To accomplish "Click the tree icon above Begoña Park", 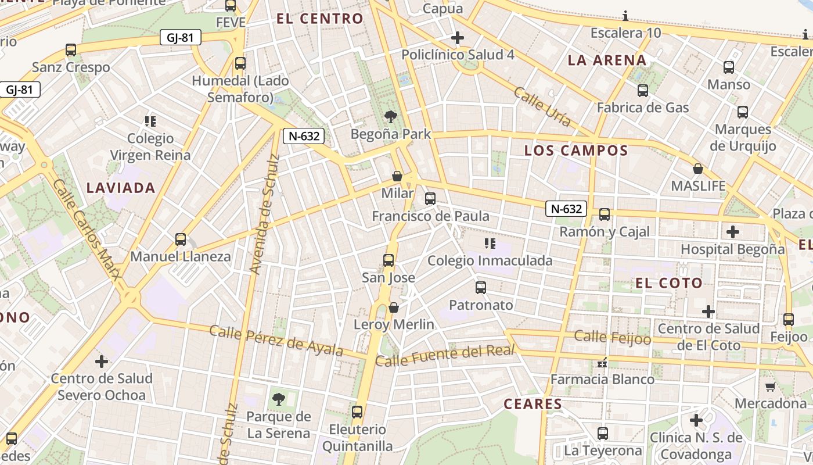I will (x=391, y=117).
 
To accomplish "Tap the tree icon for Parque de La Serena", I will (x=279, y=399).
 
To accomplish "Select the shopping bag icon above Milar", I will (x=397, y=176).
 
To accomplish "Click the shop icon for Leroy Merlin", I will (x=394, y=307).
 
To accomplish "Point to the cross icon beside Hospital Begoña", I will (x=733, y=232).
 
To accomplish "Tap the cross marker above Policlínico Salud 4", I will (x=458, y=38).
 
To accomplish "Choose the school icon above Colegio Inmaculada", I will (x=490, y=244).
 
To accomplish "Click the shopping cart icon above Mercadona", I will (x=770, y=387).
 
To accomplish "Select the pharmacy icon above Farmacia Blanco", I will (x=602, y=363).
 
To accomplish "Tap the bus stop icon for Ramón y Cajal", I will (x=605, y=214).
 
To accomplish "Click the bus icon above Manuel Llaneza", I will (x=181, y=239).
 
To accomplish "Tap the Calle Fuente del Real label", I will (x=445, y=355).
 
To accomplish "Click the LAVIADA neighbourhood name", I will (x=121, y=188).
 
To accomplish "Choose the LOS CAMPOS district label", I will (x=576, y=151).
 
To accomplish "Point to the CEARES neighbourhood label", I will (x=533, y=404).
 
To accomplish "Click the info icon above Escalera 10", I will (x=625, y=16).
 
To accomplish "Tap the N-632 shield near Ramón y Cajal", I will (x=566, y=209).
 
